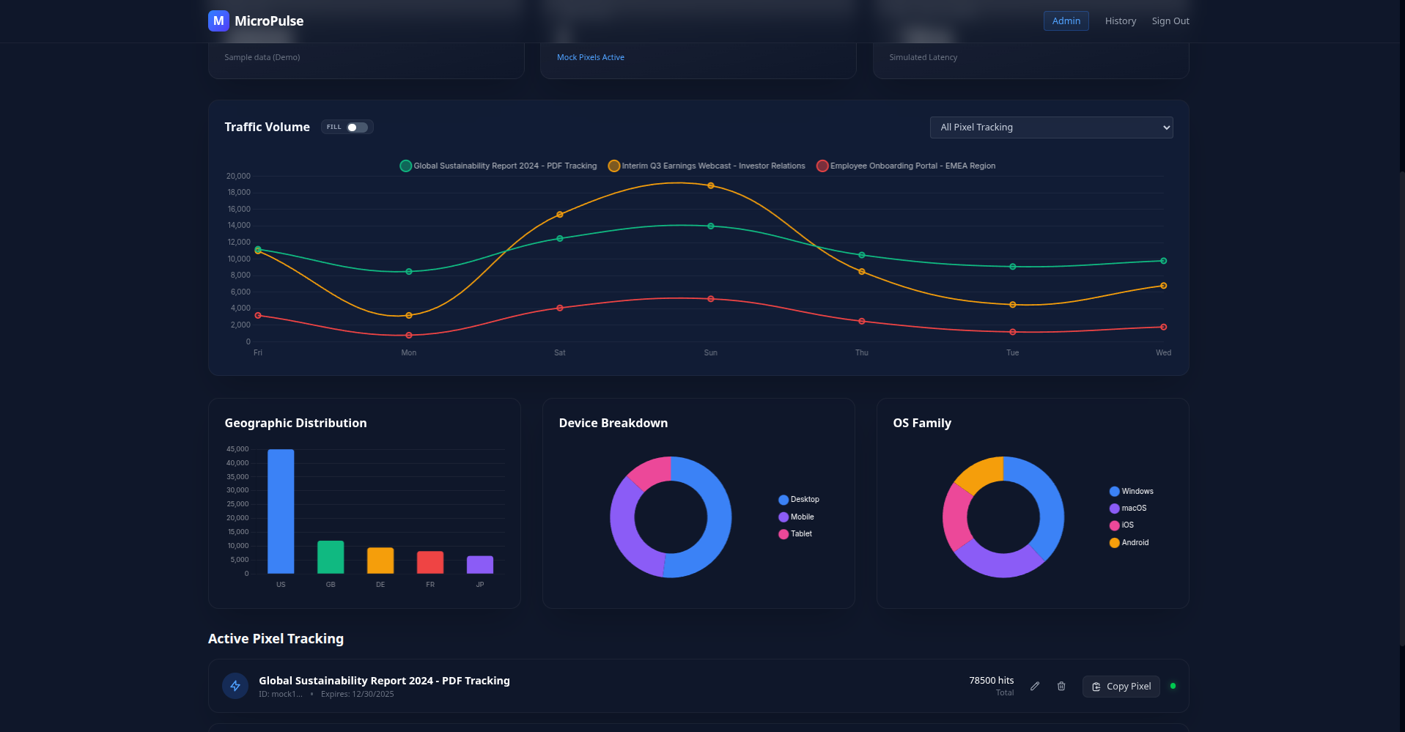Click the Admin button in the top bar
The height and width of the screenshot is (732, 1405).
pyautogui.click(x=1066, y=21)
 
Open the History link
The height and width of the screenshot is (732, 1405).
pyautogui.click(x=1120, y=21)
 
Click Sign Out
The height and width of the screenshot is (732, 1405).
pyautogui.click(x=1170, y=21)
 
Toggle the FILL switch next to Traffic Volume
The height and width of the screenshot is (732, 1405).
pyautogui.click(x=357, y=127)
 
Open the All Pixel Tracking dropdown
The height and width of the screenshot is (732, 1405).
pyautogui.click(x=1051, y=127)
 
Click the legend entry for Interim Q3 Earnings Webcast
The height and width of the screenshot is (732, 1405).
pyautogui.click(x=707, y=166)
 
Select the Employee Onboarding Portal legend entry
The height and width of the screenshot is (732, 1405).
pyautogui.click(x=906, y=166)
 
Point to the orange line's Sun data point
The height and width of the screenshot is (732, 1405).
pyautogui.click(x=710, y=186)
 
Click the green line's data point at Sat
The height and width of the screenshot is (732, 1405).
pyautogui.click(x=560, y=239)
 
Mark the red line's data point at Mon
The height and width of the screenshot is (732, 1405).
pyautogui.click(x=409, y=336)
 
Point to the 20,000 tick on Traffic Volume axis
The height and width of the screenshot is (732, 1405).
pyautogui.click(x=238, y=177)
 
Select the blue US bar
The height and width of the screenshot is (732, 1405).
pyautogui.click(x=281, y=511)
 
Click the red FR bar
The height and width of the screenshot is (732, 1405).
pyautogui.click(x=430, y=562)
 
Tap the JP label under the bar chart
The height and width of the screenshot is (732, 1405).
pyautogui.click(x=480, y=585)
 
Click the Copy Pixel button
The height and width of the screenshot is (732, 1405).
pyautogui.click(x=1121, y=687)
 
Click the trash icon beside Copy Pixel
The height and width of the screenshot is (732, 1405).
pyautogui.click(x=1061, y=687)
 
